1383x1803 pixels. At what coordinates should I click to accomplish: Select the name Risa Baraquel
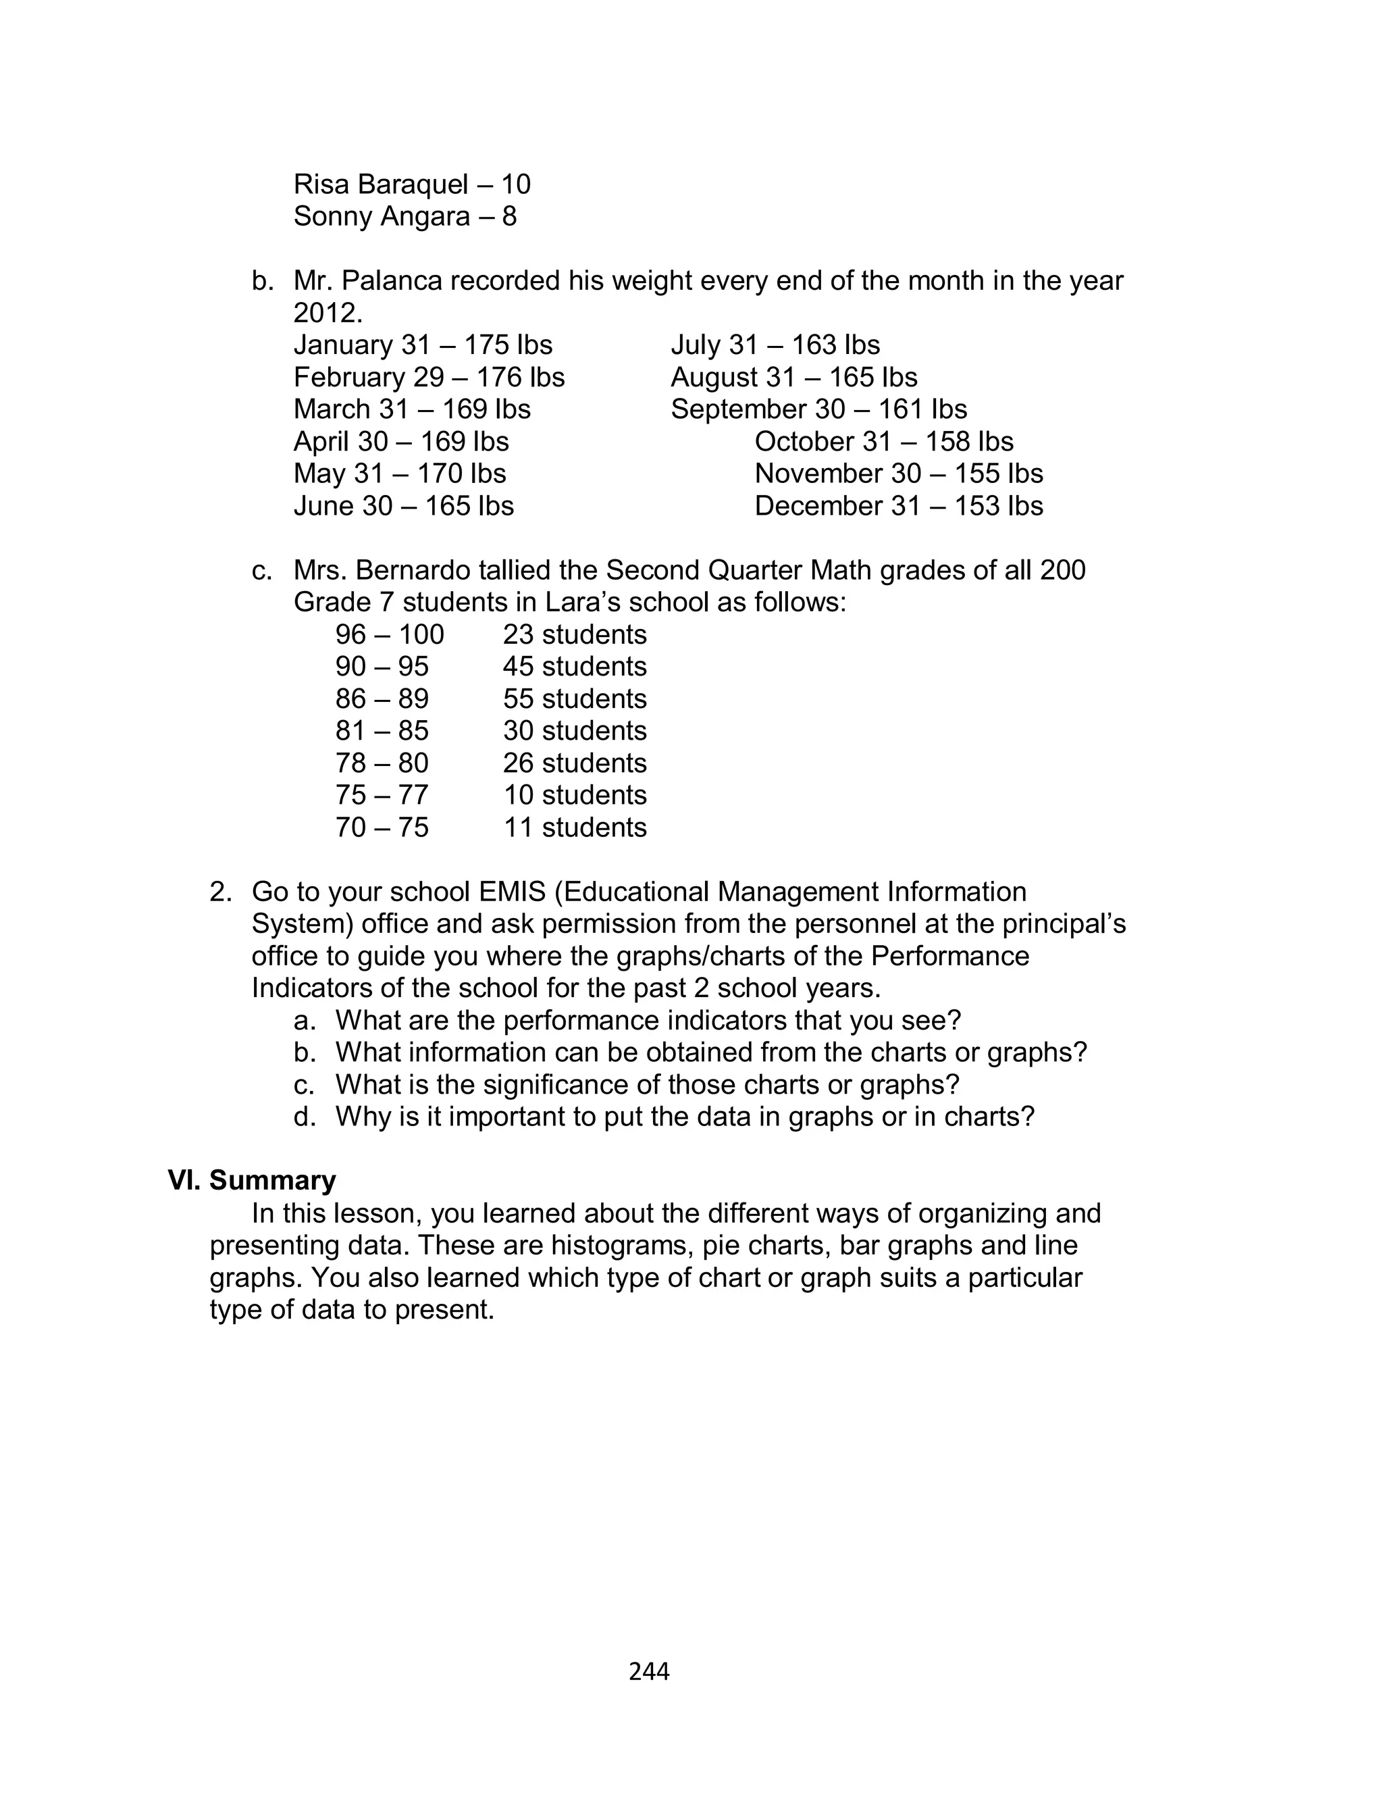pos(380,184)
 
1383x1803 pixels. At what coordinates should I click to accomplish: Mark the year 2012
pos(327,313)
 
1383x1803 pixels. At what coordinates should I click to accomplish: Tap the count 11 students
pos(575,828)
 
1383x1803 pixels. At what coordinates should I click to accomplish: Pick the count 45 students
pos(575,667)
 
